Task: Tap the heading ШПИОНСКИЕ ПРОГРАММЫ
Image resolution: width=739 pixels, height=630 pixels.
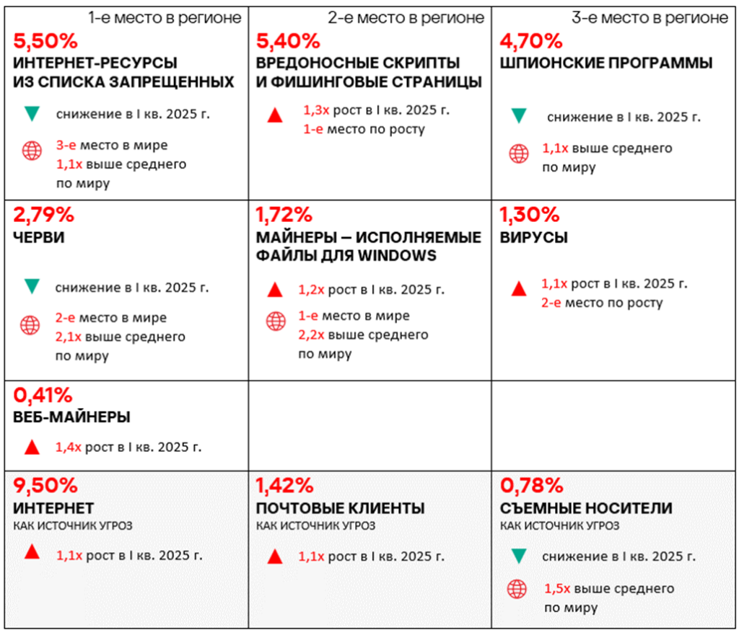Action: [x=606, y=63]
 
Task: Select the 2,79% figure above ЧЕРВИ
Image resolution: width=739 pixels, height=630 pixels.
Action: [x=44, y=214]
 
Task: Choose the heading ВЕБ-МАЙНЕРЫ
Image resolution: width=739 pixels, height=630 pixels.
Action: [x=72, y=417]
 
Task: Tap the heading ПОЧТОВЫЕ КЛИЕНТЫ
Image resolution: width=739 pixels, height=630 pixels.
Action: [x=341, y=508]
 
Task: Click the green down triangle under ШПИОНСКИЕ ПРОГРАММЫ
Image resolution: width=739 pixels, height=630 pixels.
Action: [x=517, y=115]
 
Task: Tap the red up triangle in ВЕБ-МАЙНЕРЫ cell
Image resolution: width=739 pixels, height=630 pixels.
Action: [x=31, y=448]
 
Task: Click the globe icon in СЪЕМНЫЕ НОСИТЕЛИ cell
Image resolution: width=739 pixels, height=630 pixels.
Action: [x=517, y=589]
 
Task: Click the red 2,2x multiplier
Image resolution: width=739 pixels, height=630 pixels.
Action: [x=310, y=335]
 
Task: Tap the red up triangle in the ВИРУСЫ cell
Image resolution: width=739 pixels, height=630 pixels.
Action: [x=517, y=290]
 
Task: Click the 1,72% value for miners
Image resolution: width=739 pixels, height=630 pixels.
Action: [x=284, y=214]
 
